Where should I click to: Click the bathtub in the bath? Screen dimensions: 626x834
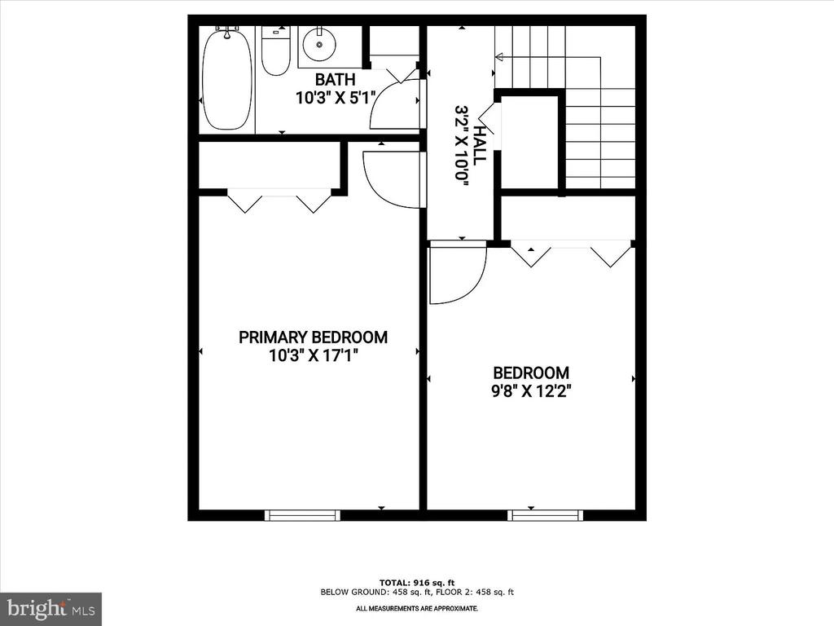point(227,78)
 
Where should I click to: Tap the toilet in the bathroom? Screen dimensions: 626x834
point(276,51)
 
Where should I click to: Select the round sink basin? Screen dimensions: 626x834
point(318,46)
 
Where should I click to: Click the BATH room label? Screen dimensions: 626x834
point(336,80)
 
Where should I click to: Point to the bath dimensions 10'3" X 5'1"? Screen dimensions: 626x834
point(336,97)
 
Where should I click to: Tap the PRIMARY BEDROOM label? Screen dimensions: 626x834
point(313,337)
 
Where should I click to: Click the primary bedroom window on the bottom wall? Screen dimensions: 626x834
point(302,515)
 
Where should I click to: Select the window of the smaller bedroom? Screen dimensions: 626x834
point(545,515)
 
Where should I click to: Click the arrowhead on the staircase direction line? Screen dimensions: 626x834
point(498,57)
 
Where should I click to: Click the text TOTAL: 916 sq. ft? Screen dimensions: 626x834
point(417,583)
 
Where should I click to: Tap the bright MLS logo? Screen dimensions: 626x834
point(50,609)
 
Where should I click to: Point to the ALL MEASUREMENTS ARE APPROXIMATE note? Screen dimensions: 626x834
point(417,609)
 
